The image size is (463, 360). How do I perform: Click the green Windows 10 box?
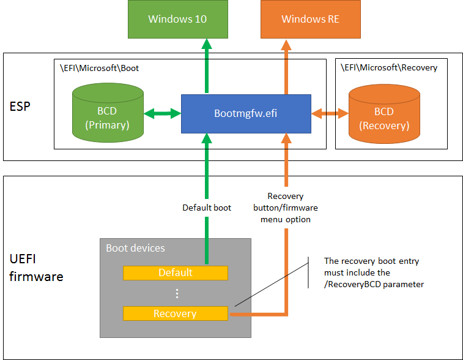(178, 19)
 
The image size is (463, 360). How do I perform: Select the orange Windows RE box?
(310, 19)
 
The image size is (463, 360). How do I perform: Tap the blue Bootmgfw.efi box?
(246, 114)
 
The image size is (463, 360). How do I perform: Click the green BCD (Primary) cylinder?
(108, 113)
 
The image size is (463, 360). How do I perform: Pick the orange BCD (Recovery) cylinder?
(384, 114)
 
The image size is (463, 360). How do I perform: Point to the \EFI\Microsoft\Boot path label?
(99, 69)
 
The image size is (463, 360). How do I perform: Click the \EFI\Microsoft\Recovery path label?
(389, 68)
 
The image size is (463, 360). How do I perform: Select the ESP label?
(20, 107)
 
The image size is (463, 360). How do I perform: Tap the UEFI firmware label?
(36, 268)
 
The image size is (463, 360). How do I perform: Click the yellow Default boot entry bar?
(176, 273)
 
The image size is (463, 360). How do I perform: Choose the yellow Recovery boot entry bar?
(176, 313)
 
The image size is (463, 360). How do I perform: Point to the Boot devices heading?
(135, 248)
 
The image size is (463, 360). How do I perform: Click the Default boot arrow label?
(207, 208)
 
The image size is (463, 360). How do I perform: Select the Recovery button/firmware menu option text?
(286, 208)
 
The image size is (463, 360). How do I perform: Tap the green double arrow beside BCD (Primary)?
(163, 113)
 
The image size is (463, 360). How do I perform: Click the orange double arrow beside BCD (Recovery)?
(330, 113)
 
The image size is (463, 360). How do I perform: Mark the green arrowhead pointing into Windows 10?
(207, 43)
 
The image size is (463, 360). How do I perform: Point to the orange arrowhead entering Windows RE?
(286, 44)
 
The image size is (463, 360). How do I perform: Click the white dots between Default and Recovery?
(177, 293)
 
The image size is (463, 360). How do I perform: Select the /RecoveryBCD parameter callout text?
(374, 272)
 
